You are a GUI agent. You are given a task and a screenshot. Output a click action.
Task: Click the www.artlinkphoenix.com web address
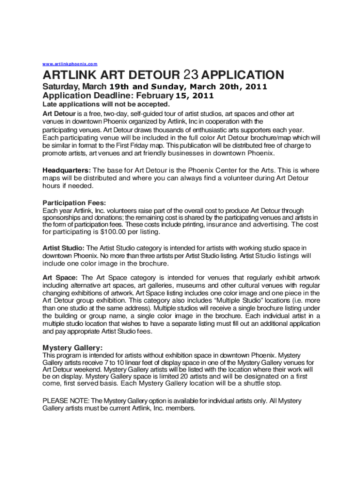(x=70, y=64)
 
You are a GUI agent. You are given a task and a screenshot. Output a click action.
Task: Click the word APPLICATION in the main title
(x=244, y=75)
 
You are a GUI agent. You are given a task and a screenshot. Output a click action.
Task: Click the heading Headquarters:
(x=67, y=170)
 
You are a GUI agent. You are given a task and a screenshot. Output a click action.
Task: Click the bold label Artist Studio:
(x=64, y=248)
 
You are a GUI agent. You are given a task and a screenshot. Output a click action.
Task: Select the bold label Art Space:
(x=61, y=278)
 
